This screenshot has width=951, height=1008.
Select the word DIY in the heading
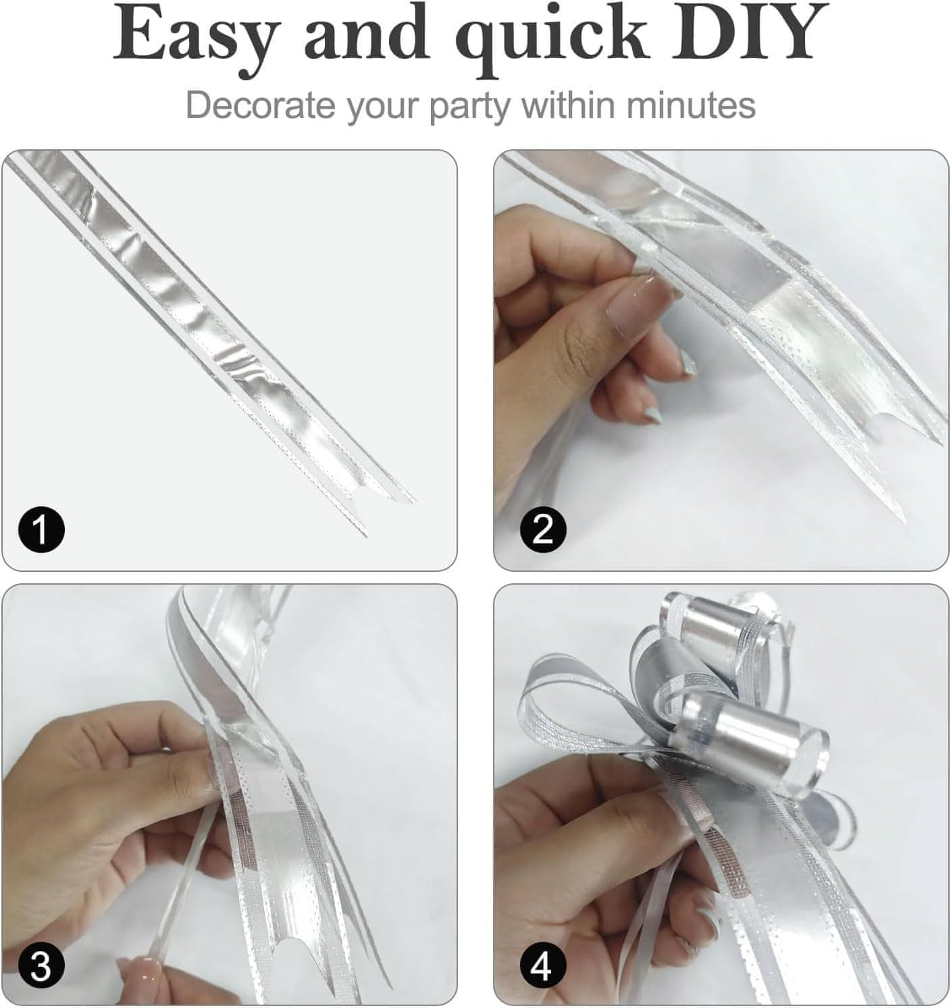tap(750, 33)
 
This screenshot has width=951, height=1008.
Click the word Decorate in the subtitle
tap(261, 105)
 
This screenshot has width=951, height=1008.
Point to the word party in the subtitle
tap(470, 107)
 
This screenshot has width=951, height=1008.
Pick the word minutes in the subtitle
tap(691, 105)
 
